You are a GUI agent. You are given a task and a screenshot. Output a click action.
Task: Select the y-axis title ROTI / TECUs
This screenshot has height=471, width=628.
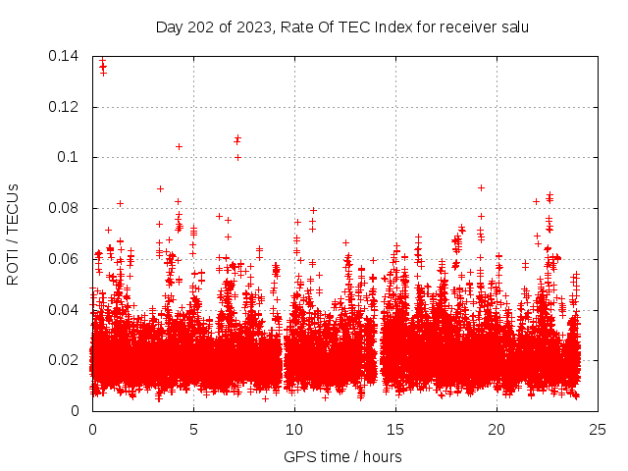point(13,233)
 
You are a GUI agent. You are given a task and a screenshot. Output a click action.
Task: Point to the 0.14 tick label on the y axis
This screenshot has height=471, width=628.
point(65,56)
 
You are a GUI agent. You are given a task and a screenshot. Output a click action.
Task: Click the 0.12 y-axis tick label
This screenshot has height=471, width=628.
point(65,107)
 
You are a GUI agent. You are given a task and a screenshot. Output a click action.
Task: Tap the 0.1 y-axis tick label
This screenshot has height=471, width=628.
point(69,157)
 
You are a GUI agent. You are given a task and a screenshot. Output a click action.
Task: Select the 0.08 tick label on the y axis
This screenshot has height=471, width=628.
point(65,208)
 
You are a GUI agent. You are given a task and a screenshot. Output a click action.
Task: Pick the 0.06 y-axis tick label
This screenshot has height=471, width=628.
point(65,259)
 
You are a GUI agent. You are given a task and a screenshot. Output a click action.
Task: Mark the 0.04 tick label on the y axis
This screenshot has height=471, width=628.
point(65,309)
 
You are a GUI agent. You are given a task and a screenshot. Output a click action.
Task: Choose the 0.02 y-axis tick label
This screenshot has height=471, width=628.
point(65,360)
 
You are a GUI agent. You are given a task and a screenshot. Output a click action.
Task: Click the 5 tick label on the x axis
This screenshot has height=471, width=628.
point(193,429)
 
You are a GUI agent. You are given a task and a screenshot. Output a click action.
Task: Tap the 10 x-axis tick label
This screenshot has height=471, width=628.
point(294,429)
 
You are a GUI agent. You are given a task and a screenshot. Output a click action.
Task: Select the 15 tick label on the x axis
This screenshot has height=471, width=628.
point(395,429)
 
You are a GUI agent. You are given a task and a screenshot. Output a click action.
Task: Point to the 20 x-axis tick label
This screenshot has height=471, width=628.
point(497,429)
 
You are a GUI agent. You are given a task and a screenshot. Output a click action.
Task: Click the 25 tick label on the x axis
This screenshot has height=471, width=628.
point(598,429)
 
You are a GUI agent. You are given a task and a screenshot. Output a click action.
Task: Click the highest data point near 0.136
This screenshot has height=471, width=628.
point(102,65)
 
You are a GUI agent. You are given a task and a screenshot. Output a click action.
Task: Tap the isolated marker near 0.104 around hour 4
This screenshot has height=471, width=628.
point(179,146)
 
